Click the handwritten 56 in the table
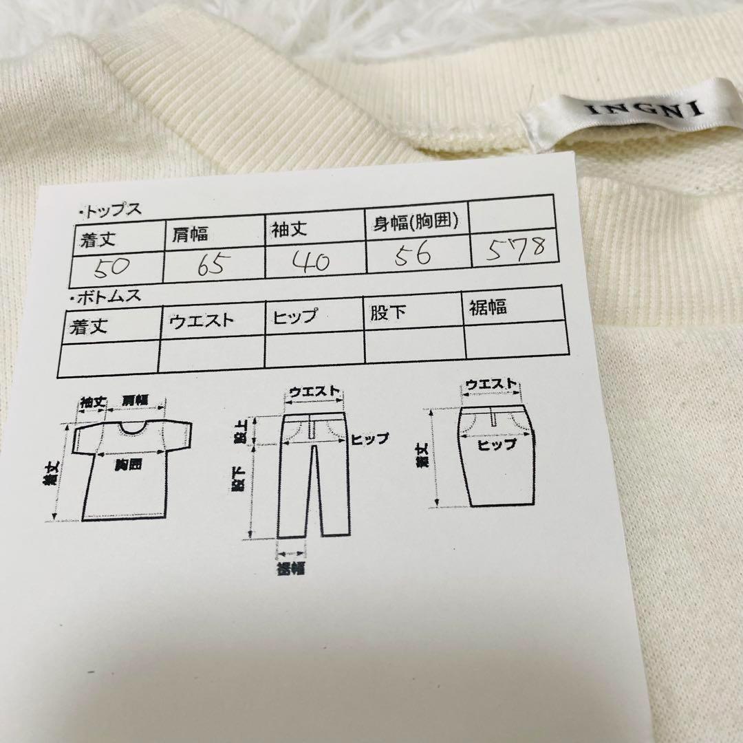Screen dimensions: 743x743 413,255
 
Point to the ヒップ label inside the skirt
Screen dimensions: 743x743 496,444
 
